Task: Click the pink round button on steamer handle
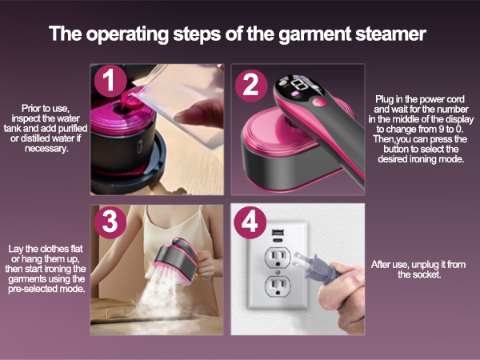coord(318,102)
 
